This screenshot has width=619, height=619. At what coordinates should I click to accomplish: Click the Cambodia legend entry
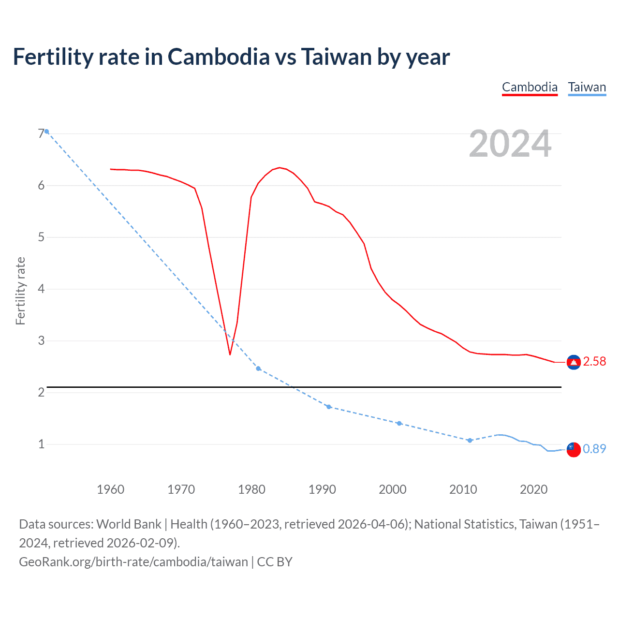click(530, 87)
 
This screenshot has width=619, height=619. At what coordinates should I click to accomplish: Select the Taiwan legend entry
click(587, 87)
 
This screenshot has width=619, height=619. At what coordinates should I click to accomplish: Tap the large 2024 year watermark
click(510, 144)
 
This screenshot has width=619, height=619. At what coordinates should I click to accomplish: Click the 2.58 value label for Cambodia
click(594, 362)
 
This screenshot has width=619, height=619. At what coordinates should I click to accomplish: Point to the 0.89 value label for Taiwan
click(594, 449)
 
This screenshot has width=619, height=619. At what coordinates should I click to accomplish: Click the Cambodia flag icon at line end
click(574, 362)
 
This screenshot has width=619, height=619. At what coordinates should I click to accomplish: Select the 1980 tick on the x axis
click(251, 489)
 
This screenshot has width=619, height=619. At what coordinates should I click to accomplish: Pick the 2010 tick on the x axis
click(463, 489)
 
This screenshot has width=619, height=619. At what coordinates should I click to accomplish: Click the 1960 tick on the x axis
click(110, 489)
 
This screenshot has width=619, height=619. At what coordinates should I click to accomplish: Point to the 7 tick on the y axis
click(41, 133)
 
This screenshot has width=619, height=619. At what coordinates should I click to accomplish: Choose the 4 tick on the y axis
click(41, 289)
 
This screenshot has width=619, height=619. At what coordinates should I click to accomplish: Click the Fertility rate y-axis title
click(20, 291)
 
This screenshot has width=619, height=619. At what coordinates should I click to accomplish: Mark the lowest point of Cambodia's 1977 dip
click(230, 354)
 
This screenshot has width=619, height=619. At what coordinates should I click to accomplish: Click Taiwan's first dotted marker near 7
click(46, 132)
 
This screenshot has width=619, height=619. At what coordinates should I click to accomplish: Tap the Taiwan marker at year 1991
click(329, 407)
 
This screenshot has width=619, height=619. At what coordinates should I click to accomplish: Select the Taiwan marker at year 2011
click(470, 441)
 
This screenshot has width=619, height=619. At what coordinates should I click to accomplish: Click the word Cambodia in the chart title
click(219, 57)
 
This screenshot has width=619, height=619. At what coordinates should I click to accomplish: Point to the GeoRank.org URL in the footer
click(133, 562)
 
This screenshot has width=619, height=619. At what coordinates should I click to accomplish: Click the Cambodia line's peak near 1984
click(279, 168)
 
